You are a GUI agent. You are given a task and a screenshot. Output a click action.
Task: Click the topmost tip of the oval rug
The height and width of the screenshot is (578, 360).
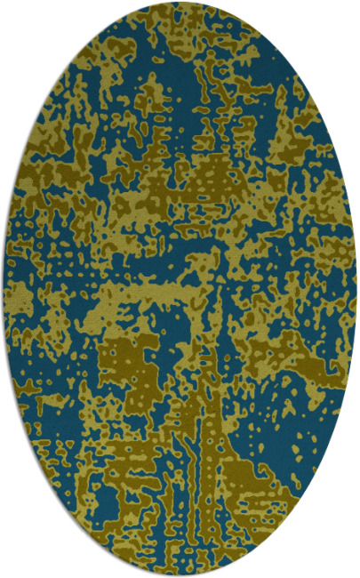tap(180, 3)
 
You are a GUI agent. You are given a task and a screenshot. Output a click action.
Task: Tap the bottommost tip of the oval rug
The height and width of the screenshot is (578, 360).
tap(180, 575)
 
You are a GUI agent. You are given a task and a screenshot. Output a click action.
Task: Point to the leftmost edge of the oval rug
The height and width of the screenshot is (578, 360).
tap(4, 289)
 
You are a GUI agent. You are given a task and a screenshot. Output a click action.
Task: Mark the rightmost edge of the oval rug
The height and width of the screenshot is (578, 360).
tap(356, 289)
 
